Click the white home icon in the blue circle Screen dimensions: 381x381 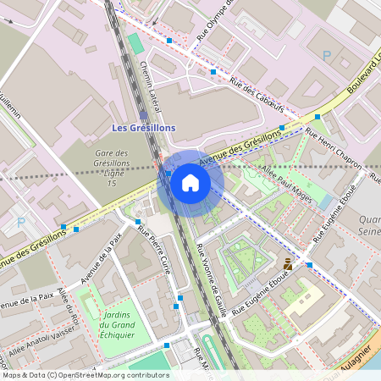click(x=190, y=182)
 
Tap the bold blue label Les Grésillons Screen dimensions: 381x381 click(x=144, y=127)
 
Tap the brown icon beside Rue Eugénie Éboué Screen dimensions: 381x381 click(x=288, y=263)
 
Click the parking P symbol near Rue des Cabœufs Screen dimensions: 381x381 click(x=327, y=55)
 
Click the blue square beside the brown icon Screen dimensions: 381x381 click(x=309, y=265)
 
